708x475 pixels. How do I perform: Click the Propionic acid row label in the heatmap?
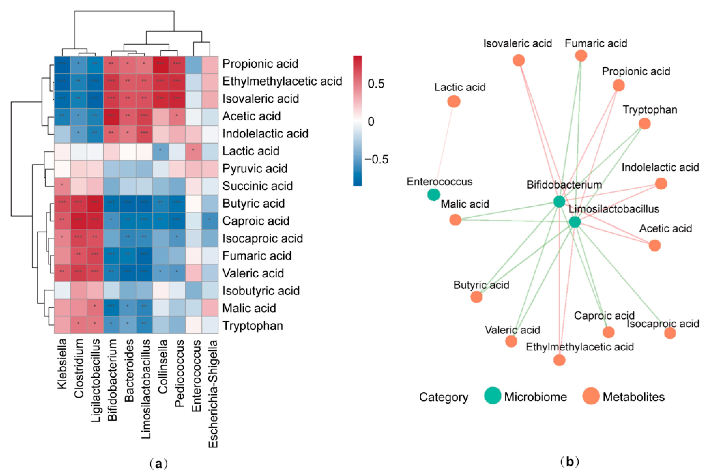click(x=260, y=64)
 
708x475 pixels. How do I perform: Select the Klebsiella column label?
click(x=62, y=363)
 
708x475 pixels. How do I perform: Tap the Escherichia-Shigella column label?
click(x=213, y=394)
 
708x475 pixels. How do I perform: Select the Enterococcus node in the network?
click(x=433, y=194)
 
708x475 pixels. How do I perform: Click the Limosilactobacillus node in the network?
click(x=575, y=222)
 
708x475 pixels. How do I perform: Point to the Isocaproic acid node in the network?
click(x=670, y=333)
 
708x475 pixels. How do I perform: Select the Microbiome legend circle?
click(x=492, y=396)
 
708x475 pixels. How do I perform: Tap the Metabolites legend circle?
click(x=591, y=396)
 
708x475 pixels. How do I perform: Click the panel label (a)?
click(x=158, y=464)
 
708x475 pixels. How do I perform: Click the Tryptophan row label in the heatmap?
click(x=252, y=326)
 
